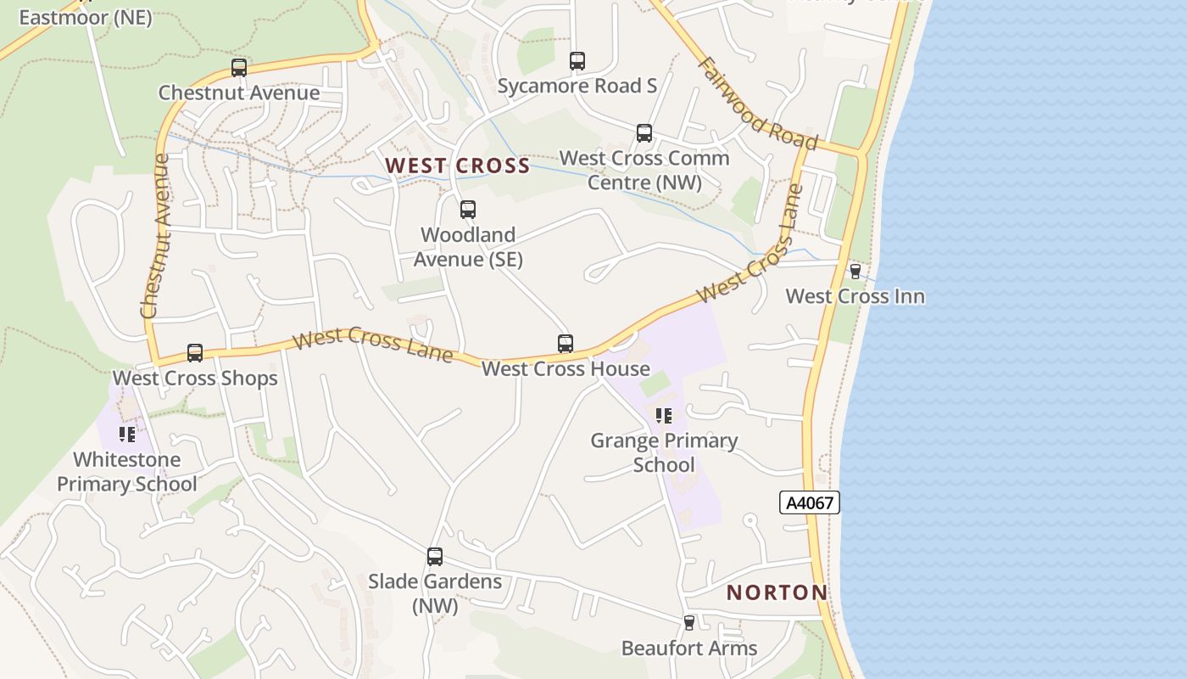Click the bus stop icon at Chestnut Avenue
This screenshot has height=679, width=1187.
coord(239,68)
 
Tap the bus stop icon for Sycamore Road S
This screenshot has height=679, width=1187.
coord(577,61)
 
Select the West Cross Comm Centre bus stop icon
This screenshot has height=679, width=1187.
coord(644,133)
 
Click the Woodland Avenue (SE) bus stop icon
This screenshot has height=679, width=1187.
coord(468,210)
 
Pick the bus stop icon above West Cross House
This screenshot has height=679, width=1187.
coord(566,344)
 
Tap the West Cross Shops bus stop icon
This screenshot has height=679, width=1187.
coord(195,353)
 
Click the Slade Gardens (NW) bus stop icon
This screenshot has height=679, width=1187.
coord(435,557)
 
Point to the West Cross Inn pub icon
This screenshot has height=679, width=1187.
coord(855,272)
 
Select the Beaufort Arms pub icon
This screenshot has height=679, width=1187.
coord(689,623)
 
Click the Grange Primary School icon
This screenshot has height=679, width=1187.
coord(664,416)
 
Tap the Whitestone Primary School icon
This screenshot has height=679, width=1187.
coord(127,435)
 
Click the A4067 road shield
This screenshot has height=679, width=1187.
coord(810,502)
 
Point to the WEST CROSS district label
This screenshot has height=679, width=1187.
coord(458,166)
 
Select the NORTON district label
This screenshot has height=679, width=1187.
coord(777,592)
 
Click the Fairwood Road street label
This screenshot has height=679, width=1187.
coord(758,104)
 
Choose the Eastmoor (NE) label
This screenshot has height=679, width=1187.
coord(85,17)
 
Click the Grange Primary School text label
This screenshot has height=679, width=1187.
coord(664,452)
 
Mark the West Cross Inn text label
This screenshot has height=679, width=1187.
coord(855,296)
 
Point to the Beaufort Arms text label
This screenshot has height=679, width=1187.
coord(689,648)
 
